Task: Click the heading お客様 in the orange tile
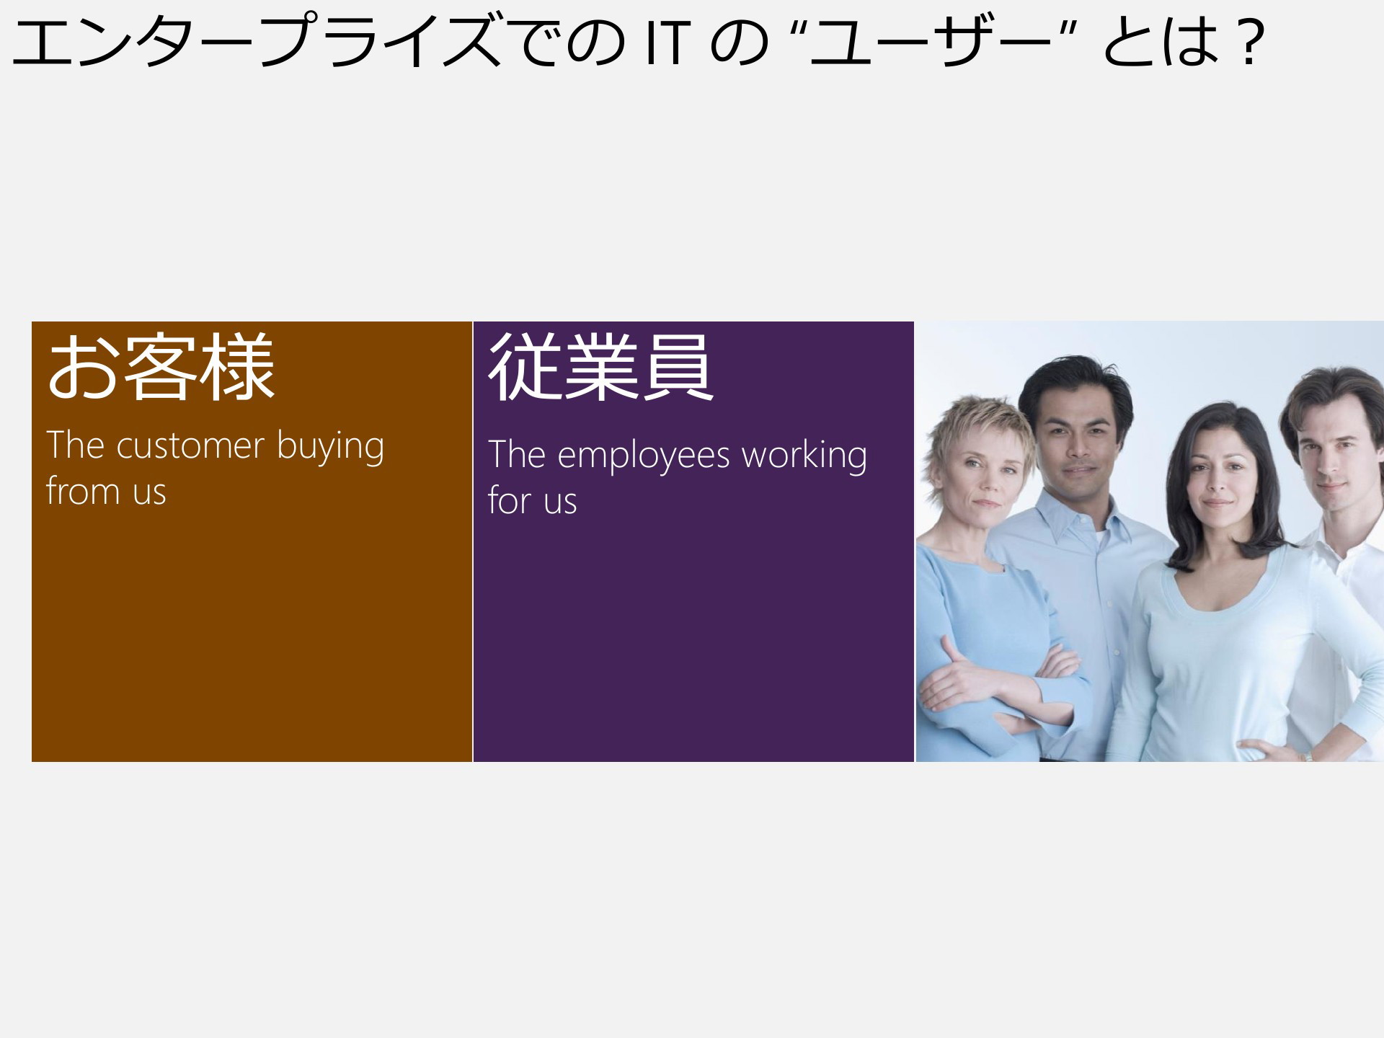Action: click(x=161, y=368)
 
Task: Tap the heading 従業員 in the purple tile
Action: click(x=601, y=368)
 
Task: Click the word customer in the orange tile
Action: click(x=190, y=446)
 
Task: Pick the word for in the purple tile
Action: click(x=510, y=500)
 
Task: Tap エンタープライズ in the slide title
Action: click(x=256, y=42)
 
